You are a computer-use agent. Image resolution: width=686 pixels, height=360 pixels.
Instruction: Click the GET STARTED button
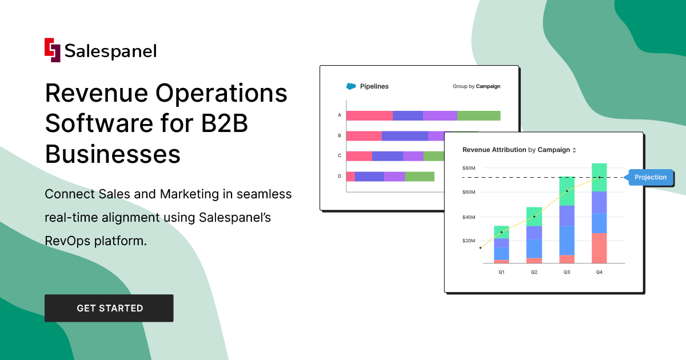pos(109,308)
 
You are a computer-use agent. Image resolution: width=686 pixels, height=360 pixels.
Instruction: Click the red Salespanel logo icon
pos(53,50)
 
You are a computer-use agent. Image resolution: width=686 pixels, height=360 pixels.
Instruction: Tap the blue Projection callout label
pos(650,177)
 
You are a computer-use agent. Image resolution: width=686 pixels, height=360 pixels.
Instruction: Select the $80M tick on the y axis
pos(469,168)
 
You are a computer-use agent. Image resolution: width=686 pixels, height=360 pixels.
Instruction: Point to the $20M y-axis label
pos(469,241)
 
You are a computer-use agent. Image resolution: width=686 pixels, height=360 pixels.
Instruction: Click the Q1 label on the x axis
pos(501,273)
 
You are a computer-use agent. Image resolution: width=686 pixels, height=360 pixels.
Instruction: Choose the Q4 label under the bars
pos(599,273)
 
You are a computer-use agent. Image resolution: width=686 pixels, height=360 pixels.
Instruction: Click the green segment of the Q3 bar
pos(567,191)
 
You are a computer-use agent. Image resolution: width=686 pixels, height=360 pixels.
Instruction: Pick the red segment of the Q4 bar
pos(599,248)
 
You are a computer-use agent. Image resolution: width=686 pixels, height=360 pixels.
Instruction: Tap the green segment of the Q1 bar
pos(501,232)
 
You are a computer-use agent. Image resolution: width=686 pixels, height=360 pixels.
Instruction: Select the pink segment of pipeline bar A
pos(369,115)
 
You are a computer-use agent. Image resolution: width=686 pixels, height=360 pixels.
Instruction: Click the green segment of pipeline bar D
pos(419,177)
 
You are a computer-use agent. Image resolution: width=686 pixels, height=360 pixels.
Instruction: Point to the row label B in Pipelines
pos(340,136)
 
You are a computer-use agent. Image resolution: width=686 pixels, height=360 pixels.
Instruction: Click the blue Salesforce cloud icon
pos(351,86)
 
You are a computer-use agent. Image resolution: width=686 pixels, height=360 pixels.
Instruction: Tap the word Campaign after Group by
pos(488,87)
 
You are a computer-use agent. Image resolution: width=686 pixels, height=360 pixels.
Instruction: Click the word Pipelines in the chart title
pos(374,86)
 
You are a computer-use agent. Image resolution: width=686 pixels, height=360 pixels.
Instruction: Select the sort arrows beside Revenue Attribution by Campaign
pos(575,150)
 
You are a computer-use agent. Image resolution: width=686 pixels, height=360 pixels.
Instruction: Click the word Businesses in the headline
pos(113,154)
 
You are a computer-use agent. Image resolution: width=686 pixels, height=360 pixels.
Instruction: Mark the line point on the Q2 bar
pos(534,217)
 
